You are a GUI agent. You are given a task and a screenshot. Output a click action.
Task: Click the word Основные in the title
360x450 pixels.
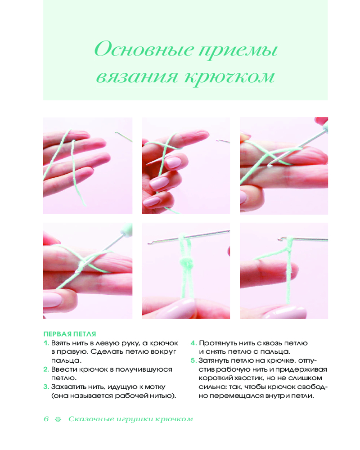144,49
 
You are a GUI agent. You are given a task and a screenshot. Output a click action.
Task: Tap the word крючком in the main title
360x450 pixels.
229,77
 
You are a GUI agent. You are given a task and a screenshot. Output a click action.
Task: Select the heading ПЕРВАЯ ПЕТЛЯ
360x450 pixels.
69,334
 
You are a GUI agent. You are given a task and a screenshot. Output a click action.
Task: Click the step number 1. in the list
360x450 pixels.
46,343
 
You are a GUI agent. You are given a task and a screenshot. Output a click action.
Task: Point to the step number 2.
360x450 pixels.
46,369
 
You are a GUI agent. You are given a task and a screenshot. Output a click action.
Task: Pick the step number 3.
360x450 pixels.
46,387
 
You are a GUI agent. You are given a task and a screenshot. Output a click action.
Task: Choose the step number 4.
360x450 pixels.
193,343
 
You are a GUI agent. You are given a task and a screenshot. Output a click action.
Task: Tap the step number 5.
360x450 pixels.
193,360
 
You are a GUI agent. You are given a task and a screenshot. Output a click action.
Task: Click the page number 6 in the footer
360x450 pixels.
46,419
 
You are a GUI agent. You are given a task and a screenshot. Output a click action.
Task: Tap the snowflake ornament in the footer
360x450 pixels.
58,419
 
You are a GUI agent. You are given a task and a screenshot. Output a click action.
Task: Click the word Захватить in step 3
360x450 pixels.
68,387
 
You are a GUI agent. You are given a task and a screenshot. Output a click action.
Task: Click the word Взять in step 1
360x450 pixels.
61,343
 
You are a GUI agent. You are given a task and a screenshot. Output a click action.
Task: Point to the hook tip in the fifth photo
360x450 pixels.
149,243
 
